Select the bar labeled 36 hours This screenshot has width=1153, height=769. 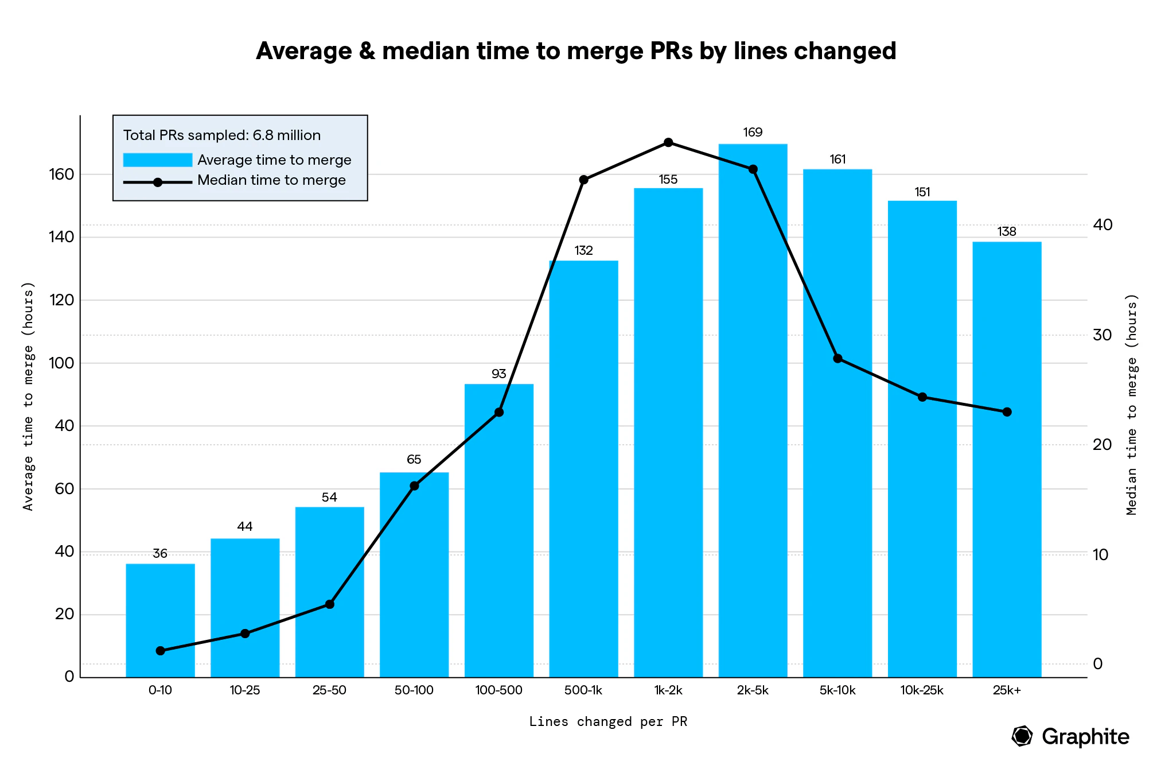tap(160, 620)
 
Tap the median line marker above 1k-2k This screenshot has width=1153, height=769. tap(668, 142)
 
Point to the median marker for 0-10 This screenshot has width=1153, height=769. tap(160, 651)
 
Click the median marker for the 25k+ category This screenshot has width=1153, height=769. tap(1007, 412)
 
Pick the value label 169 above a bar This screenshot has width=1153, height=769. tap(753, 133)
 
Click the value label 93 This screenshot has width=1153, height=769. tap(498, 374)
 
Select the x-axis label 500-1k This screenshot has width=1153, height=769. tap(583, 690)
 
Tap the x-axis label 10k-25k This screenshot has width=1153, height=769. tap(922, 690)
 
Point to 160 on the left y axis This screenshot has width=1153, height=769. tap(61, 174)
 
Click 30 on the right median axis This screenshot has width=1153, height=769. tap(1102, 335)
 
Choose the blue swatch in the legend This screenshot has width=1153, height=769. tap(158, 160)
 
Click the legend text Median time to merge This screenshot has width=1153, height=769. tap(271, 180)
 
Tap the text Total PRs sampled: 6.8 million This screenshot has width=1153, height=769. tap(222, 135)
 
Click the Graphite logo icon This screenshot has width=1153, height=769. tap(1022, 736)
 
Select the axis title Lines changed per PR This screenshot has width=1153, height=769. tap(608, 721)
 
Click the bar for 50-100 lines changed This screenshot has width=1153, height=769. tap(414, 574)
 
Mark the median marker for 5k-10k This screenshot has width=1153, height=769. tap(838, 359)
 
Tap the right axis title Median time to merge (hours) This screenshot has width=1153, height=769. tap(1131, 405)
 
